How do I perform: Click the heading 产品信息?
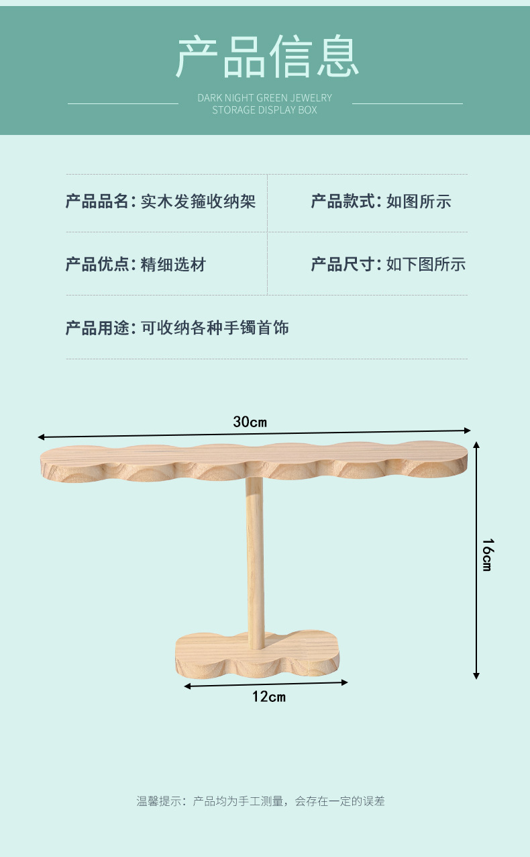click(267, 57)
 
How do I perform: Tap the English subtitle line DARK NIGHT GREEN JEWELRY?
click(264, 98)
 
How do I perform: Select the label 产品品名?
click(97, 201)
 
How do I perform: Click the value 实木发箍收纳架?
click(198, 201)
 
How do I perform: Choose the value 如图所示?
click(419, 201)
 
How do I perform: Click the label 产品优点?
click(97, 265)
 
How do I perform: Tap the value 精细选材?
click(173, 265)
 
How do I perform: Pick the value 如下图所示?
click(425, 265)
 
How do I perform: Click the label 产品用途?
click(97, 328)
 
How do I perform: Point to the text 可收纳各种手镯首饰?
click(215, 328)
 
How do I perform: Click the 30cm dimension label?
click(250, 422)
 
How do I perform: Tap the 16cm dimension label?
click(488, 555)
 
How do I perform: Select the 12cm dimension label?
click(268, 696)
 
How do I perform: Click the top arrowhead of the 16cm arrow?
click(476, 445)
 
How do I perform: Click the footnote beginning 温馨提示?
click(261, 801)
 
